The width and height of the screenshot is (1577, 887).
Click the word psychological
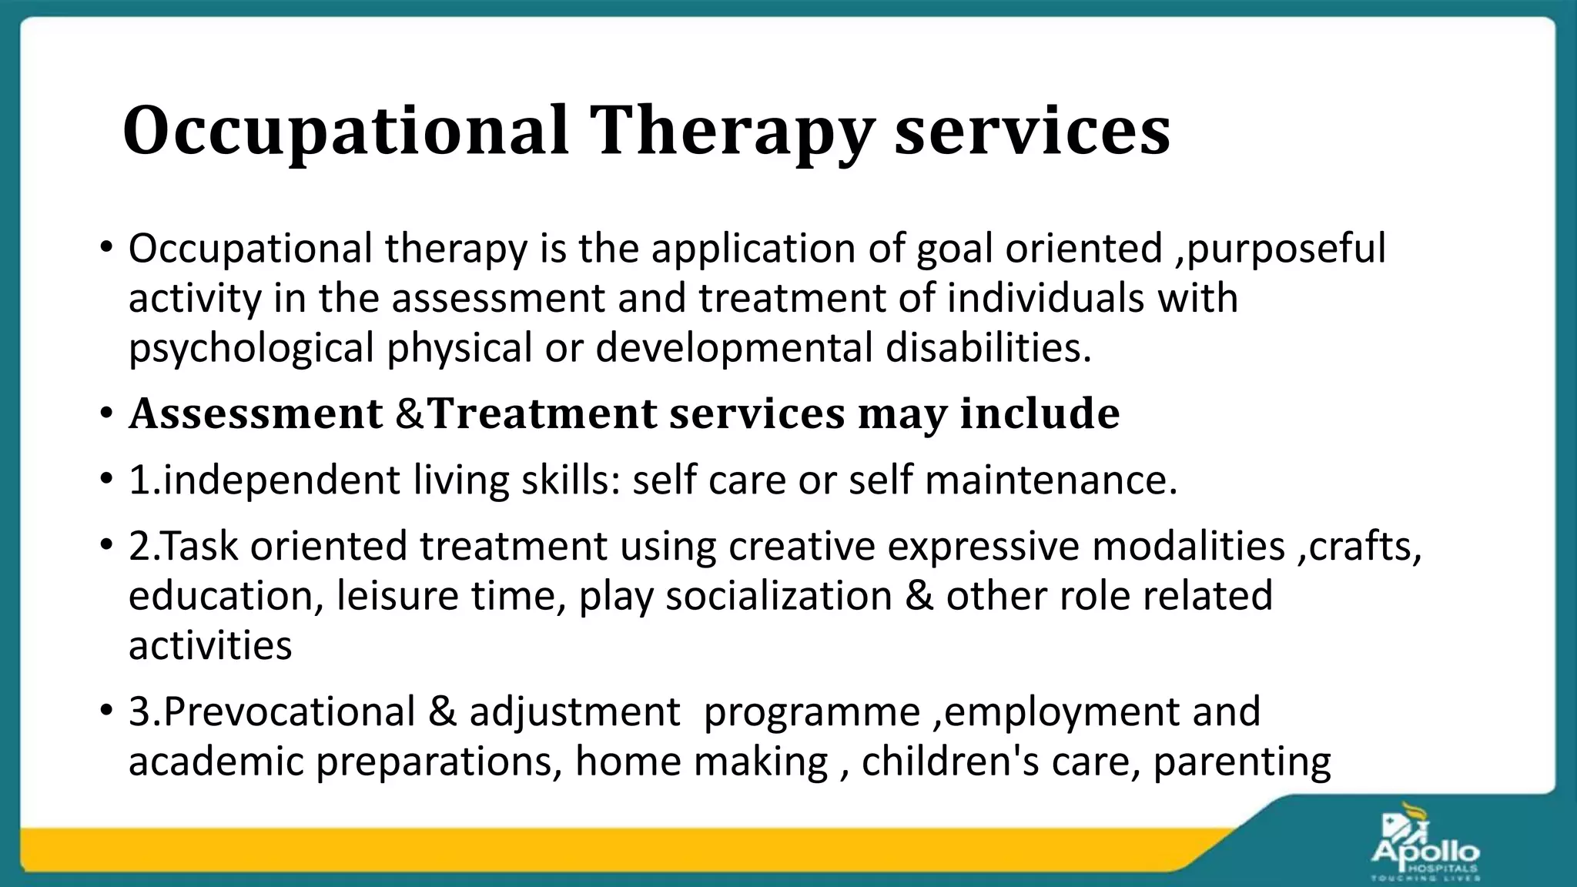click(x=251, y=348)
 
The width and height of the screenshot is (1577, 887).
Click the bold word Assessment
click(x=256, y=414)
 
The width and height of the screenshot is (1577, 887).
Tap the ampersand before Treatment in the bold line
click(x=409, y=414)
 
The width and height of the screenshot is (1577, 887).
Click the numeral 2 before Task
click(x=139, y=547)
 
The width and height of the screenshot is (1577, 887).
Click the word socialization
click(x=778, y=597)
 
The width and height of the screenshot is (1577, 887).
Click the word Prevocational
click(x=290, y=712)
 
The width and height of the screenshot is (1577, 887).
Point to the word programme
click(x=812, y=712)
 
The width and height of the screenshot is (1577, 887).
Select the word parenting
click(x=1242, y=762)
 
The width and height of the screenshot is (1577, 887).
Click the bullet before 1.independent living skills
click(x=106, y=480)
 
